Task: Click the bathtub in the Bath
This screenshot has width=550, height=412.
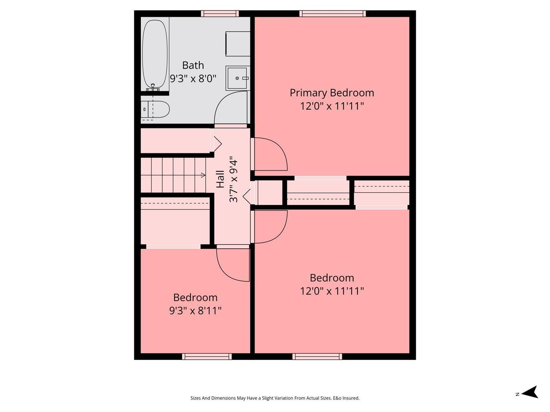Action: point(155,54)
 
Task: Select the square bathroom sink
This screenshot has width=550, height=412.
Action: point(237,78)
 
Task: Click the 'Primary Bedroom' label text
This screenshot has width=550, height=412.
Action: point(331,93)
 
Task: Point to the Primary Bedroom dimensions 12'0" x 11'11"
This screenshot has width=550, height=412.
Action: point(331,106)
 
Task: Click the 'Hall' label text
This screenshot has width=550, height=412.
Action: point(220,179)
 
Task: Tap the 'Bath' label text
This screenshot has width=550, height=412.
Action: point(193,65)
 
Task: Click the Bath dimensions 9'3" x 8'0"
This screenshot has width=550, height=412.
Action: point(193,78)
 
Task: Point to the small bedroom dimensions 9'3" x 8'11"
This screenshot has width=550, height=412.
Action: point(195,311)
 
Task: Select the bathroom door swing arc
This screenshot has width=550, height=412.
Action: point(230,108)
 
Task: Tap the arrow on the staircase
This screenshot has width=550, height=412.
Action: point(203,175)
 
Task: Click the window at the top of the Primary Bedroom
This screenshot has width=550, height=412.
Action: point(332,14)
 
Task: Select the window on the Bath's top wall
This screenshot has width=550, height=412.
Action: point(220,14)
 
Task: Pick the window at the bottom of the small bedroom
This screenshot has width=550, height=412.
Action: point(207,356)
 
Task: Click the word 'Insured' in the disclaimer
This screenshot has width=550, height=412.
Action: point(351,398)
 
